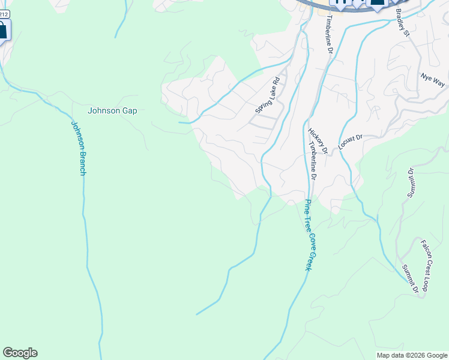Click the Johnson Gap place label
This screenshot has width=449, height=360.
(112, 110)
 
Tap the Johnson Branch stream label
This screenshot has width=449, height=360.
(79, 148)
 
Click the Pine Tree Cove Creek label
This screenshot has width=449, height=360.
(309, 234)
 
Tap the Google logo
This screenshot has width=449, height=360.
(20, 353)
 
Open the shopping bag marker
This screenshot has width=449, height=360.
(2, 30)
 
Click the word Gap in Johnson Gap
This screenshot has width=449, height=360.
(129, 110)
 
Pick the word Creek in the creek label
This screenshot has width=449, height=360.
(308, 260)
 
